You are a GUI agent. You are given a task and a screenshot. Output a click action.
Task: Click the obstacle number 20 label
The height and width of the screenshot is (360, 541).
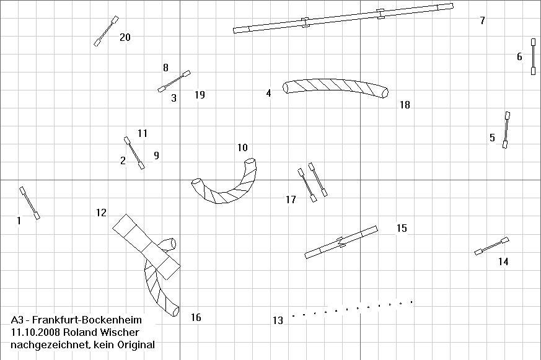(x=125, y=37)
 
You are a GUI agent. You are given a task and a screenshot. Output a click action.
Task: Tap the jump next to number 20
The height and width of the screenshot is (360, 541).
(x=106, y=31)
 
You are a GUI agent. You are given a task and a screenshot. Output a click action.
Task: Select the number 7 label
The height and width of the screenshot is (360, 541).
(x=482, y=20)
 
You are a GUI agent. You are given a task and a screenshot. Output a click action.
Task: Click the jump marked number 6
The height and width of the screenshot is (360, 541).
(x=533, y=56)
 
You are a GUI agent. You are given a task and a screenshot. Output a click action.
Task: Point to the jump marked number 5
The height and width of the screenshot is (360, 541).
(x=506, y=130)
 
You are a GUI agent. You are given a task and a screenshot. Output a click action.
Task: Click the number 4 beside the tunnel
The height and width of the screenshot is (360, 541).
(x=268, y=93)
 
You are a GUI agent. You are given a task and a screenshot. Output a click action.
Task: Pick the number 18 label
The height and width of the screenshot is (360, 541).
(x=405, y=105)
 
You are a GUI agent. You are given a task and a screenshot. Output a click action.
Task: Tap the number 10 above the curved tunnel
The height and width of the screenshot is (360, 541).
(x=242, y=147)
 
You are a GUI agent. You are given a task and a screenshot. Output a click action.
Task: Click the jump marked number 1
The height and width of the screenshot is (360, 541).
(x=30, y=203)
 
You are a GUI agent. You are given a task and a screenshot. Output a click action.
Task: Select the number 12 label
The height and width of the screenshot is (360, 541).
(x=101, y=213)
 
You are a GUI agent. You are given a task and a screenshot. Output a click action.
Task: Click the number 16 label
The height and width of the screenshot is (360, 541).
(x=196, y=317)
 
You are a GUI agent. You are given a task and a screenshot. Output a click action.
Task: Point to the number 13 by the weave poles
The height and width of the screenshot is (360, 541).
(x=278, y=321)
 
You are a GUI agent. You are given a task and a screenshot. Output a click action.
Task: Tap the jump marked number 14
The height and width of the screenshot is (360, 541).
(x=491, y=246)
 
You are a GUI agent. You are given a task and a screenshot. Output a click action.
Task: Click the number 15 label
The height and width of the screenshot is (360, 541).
(x=402, y=228)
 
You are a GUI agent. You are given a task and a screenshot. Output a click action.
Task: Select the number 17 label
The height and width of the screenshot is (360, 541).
(x=291, y=200)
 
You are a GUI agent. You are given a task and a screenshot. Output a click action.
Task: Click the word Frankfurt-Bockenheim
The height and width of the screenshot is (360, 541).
(x=87, y=320)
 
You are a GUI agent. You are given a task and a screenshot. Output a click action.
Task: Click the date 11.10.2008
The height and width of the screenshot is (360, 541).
(x=32, y=332)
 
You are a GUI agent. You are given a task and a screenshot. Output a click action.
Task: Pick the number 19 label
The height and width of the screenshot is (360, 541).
(x=200, y=95)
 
